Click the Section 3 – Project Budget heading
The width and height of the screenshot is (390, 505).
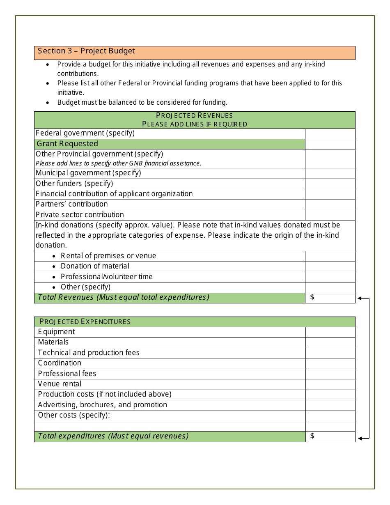86,51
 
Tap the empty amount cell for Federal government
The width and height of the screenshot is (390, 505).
330,134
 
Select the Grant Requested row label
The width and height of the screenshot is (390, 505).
67,144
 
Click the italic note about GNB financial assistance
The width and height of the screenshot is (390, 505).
118,163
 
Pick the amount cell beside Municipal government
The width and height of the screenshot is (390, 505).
330,173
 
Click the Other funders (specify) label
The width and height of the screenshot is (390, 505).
74,184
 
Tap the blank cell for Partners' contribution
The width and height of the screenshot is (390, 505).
330,204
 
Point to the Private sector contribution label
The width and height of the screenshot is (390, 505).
80,215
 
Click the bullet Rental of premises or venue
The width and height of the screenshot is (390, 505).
108,256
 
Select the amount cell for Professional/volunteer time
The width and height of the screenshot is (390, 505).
330,277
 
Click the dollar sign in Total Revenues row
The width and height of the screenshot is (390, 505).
312,297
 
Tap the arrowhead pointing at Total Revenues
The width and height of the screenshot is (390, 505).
360,298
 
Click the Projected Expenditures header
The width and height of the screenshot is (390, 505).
85,321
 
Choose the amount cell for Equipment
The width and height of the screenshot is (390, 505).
330,332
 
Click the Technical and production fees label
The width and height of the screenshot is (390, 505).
89,353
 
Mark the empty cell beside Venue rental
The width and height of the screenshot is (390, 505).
330,384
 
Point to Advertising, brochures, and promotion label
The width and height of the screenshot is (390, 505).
103,405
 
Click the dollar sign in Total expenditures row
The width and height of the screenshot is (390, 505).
312,436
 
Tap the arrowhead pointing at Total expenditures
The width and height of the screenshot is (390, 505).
360,438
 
